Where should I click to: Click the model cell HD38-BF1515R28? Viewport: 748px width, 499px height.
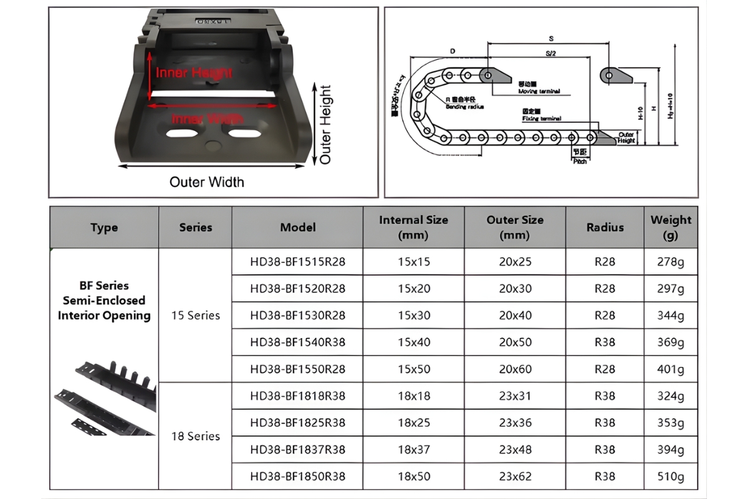coord(297,261)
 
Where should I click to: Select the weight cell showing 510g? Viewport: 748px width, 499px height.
coord(671,477)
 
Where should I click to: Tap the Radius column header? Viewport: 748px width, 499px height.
coord(605,227)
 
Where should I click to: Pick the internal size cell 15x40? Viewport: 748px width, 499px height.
coord(414,342)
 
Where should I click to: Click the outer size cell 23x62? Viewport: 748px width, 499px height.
coord(515,477)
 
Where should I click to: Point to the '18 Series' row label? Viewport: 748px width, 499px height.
coord(196,436)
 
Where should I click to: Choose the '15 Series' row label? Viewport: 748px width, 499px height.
coord(196,316)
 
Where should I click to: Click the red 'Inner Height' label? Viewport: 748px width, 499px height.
coord(194,73)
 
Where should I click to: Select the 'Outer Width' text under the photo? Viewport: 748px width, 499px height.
coord(207,182)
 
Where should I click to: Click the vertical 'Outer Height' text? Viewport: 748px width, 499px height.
coord(325,124)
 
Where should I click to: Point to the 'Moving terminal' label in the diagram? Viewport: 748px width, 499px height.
coord(539,92)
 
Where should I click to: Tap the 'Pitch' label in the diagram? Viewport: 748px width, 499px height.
coord(580,161)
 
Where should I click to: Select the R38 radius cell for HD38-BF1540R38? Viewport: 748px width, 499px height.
coord(605,342)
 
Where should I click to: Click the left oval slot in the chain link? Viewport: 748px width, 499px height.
coord(183,134)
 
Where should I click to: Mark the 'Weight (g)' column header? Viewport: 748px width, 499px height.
coord(671,227)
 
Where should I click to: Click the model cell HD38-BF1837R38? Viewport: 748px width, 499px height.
coord(297,450)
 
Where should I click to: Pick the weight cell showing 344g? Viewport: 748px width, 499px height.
coord(671,316)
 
